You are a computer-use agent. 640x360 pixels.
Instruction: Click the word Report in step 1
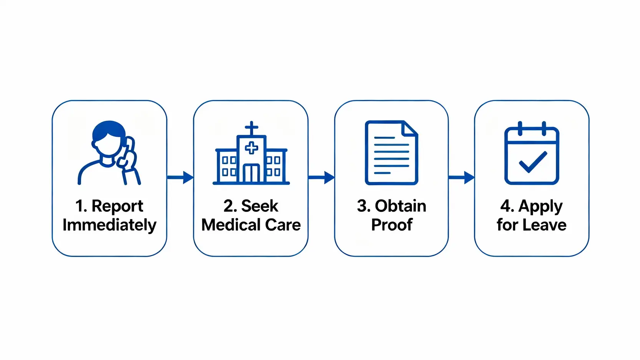[117, 206]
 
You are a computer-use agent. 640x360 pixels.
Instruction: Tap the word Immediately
[109, 225]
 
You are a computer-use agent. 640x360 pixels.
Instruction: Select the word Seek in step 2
[259, 206]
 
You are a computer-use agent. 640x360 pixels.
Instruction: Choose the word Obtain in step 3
[400, 206]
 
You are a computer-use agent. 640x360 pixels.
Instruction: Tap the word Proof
[391, 225]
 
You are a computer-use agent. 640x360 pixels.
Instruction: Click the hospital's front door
[252, 173]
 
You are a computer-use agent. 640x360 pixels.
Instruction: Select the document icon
[391, 153]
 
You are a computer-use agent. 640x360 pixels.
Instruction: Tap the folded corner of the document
[410, 128]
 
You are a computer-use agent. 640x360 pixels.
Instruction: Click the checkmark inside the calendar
[533, 162]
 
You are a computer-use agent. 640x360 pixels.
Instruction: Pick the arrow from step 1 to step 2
[180, 178]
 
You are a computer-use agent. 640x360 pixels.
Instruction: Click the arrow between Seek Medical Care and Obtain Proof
[321, 178]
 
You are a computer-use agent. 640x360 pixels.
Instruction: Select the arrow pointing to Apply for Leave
[461, 178]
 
